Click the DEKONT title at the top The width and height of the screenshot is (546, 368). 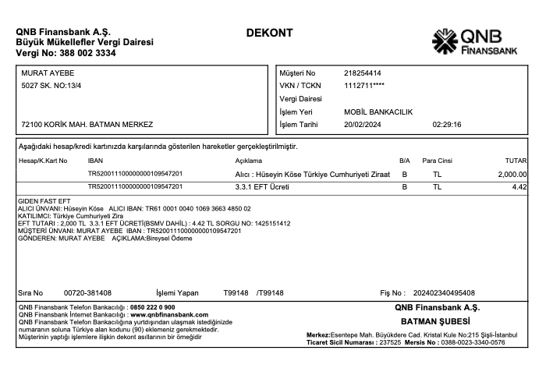[x=269, y=34]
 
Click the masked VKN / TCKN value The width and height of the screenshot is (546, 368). [x=363, y=85]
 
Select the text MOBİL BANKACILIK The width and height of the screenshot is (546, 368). [x=378, y=111]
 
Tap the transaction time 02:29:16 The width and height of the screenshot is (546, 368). [x=446, y=124]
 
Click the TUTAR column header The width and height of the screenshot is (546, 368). [x=516, y=161]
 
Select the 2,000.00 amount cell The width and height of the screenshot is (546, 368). [x=512, y=174]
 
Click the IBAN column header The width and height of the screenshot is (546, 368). [x=95, y=161]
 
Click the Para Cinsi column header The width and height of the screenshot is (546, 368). [x=437, y=161]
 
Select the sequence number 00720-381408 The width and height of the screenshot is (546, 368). [x=87, y=293]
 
